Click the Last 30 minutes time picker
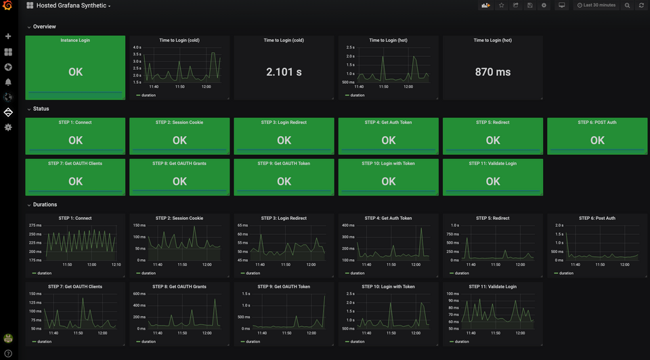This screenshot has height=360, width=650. [596, 5]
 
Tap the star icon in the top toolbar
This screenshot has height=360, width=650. [502, 5]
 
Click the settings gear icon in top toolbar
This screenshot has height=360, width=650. [544, 5]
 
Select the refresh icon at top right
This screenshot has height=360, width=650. [641, 5]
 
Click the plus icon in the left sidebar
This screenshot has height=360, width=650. [8, 37]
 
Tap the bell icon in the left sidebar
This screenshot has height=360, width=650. [8, 82]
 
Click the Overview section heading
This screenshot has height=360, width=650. [44, 27]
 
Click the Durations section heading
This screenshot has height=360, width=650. [45, 204]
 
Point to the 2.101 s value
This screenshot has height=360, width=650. [284, 72]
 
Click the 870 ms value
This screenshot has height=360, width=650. [493, 72]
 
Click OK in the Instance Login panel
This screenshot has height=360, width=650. [75, 72]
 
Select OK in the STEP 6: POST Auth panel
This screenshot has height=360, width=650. [597, 140]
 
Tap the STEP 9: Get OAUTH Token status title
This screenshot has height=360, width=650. [284, 164]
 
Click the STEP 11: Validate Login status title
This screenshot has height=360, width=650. [492, 164]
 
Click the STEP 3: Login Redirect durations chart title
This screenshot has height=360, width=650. [284, 219]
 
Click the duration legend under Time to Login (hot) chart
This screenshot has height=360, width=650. [357, 95]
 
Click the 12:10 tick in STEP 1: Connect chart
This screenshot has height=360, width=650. [116, 265]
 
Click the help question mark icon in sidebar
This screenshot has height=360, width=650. [8, 353]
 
